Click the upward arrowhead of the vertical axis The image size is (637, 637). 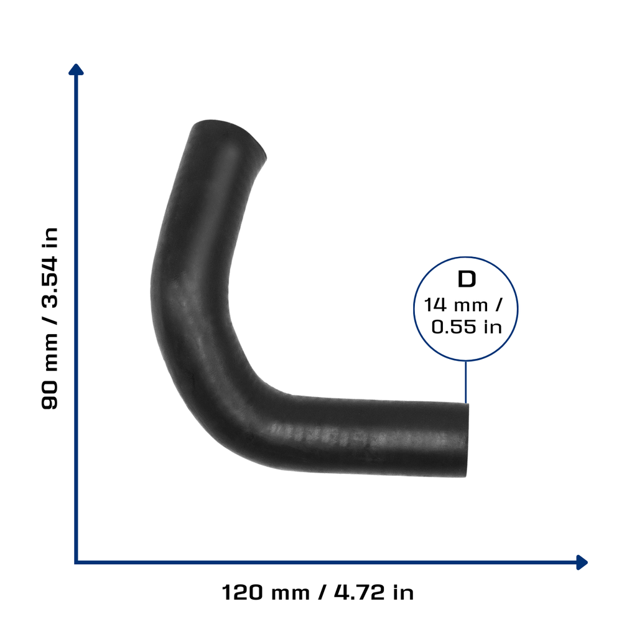tap(76, 70)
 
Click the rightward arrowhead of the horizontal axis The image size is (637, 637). tap(582, 562)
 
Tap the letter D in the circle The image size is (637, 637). tap(467, 279)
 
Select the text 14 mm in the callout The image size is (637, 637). tap(455, 305)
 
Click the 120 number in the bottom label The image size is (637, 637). tap(242, 592)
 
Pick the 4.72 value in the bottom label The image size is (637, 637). tap(359, 592)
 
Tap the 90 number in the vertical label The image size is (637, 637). tap(50, 395)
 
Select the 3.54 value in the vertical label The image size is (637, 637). tap(50, 282)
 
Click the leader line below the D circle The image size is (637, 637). tap(465, 382)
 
